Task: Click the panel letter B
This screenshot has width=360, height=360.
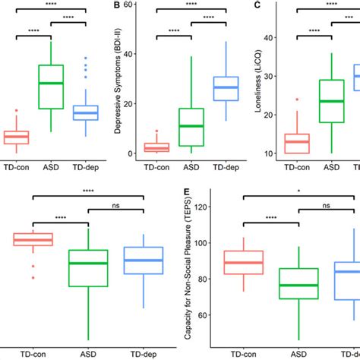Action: [x=117, y=7]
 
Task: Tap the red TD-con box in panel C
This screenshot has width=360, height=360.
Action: [x=297, y=143]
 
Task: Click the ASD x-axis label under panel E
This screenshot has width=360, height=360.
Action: [x=298, y=355]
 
